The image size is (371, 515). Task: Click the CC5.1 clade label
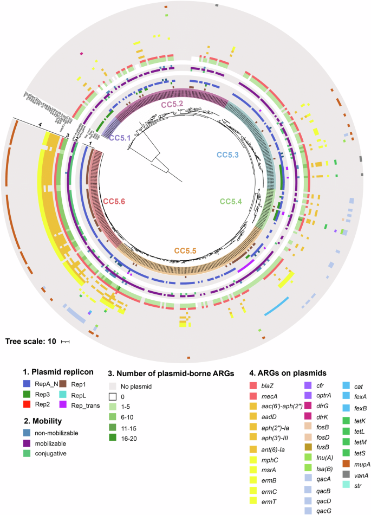click(122, 138)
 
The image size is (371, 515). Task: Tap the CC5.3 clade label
click(231, 154)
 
